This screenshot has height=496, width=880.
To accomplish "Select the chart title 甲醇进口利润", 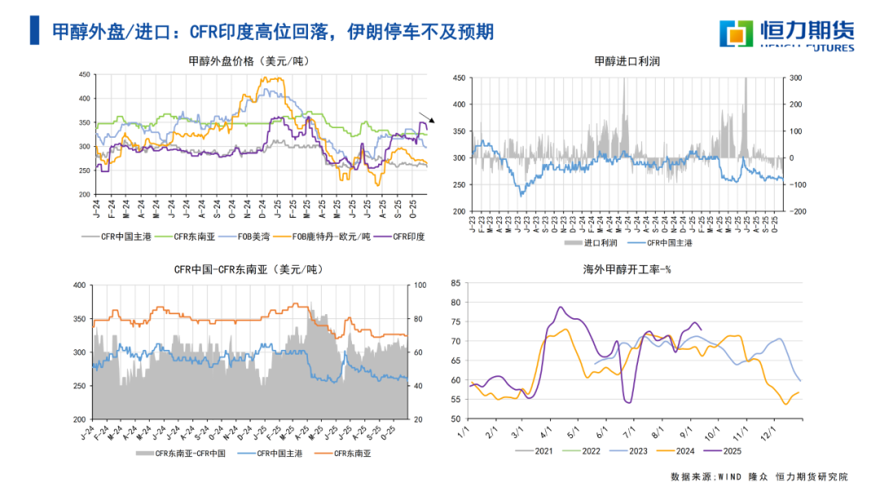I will [627, 61].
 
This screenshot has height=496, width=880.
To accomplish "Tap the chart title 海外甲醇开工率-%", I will [627, 269].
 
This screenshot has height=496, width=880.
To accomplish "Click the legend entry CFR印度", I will [409, 237].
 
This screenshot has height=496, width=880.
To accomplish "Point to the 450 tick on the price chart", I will [84, 75].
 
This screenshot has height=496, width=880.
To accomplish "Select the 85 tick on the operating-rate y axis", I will [455, 283].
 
